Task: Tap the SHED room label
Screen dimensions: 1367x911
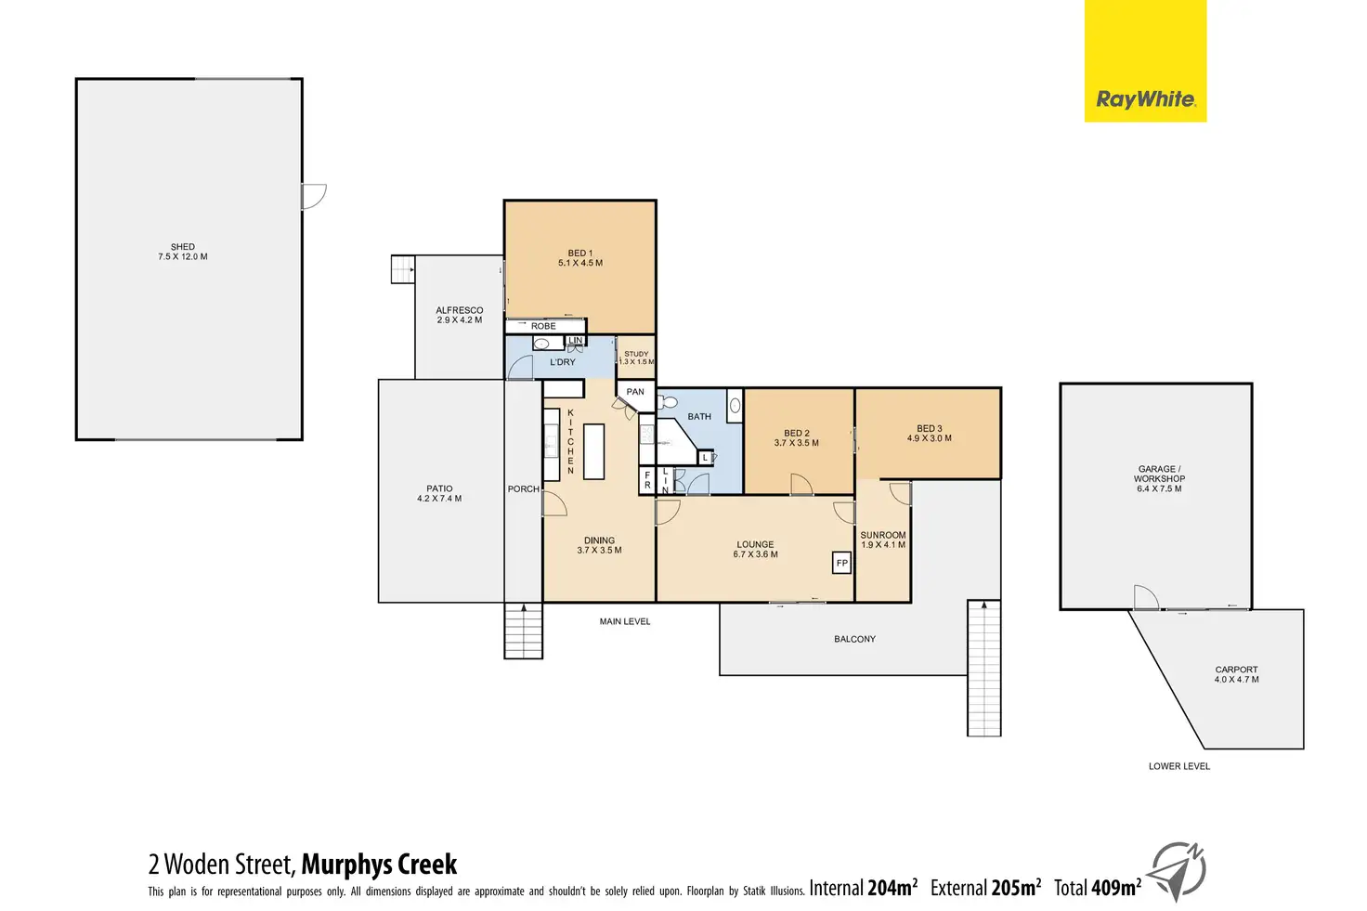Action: pyautogui.click(x=183, y=247)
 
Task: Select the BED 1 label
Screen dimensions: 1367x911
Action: pyautogui.click(x=580, y=253)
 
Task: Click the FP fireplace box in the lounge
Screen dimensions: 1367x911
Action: pyautogui.click(x=842, y=563)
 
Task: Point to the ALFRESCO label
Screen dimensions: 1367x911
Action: pyautogui.click(x=460, y=310)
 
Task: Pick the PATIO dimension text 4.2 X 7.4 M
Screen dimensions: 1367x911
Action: pyautogui.click(x=439, y=499)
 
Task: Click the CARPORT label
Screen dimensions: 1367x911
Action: pyautogui.click(x=1236, y=670)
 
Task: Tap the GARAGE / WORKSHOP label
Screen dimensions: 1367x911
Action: pyautogui.click(x=1159, y=474)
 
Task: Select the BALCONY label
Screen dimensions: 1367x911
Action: pyautogui.click(x=854, y=639)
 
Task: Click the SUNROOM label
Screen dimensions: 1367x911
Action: pyautogui.click(x=882, y=535)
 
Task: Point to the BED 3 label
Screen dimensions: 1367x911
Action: pyautogui.click(x=929, y=429)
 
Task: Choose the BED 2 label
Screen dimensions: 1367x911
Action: pyautogui.click(x=797, y=433)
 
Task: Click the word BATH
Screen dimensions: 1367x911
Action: pyautogui.click(x=699, y=417)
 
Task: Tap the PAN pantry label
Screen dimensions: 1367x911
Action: pyautogui.click(x=635, y=392)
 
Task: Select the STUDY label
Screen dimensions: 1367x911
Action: pyautogui.click(x=636, y=354)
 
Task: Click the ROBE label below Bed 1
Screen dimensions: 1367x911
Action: pyautogui.click(x=543, y=326)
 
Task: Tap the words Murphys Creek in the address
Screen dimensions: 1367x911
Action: pyautogui.click(x=379, y=865)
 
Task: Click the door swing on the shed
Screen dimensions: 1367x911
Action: pyautogui.click(x=314, y=196)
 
